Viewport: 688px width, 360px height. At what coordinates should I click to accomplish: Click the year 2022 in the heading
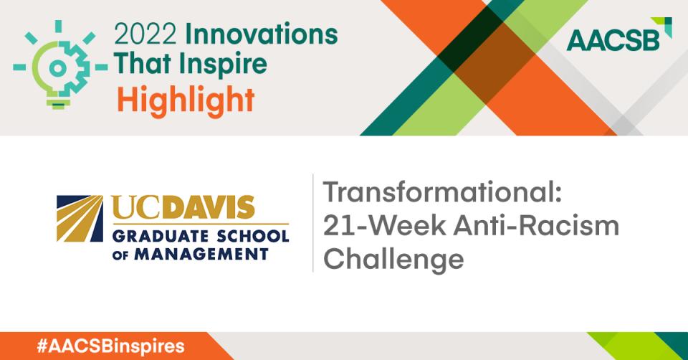point(145,34)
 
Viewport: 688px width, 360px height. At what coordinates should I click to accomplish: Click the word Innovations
point(262,34)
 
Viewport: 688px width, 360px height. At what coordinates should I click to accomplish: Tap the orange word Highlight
point(186,100)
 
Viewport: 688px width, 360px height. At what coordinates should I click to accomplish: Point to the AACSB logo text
point(613,40)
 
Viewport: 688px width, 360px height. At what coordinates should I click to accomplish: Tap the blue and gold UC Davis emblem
point(80,219)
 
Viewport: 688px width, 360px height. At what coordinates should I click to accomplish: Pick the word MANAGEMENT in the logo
point(201,254)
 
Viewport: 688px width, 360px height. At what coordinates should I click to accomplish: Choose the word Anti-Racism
point(536,225)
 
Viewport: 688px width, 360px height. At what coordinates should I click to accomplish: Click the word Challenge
point(393,260)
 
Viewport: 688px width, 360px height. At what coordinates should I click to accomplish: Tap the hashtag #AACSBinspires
point(110,346)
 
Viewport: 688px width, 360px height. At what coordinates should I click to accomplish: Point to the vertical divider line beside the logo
point(313,223)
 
